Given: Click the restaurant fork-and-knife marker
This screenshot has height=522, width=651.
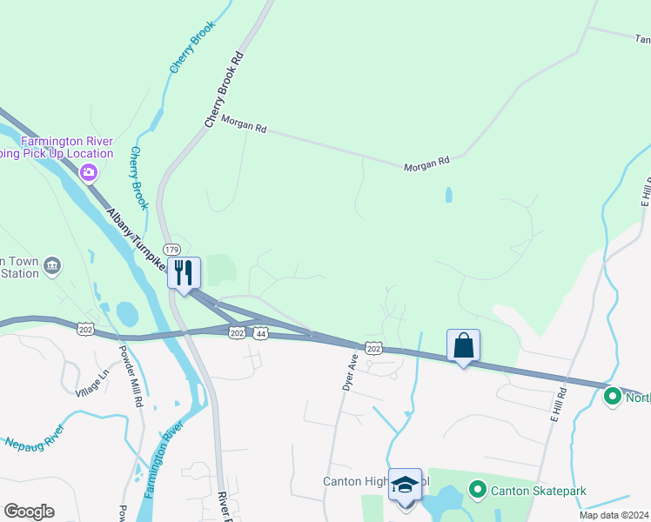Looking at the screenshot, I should coord(185,273).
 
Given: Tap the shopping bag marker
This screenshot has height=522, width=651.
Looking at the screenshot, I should coord(463,345).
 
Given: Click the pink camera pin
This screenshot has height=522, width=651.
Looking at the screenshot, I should coord(88,173).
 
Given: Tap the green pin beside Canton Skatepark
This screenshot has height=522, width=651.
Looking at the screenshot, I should coord(477,491).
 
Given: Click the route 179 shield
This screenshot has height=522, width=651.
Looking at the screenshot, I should coord(172,250).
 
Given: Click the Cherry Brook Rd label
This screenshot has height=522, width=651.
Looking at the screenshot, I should coord(223,90).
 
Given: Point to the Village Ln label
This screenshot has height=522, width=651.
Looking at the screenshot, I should coord(92,380).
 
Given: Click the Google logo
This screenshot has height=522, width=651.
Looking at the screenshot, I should coord(29,511).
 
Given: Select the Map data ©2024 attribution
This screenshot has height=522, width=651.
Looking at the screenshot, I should coord(614,515).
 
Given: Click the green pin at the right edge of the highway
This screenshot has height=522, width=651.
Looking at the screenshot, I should coord(613,398).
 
